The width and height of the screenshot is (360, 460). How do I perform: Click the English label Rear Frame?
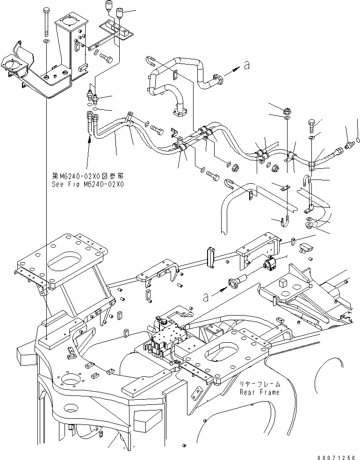click(260, 392)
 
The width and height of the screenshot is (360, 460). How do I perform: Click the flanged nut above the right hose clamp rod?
click(287, 111)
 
